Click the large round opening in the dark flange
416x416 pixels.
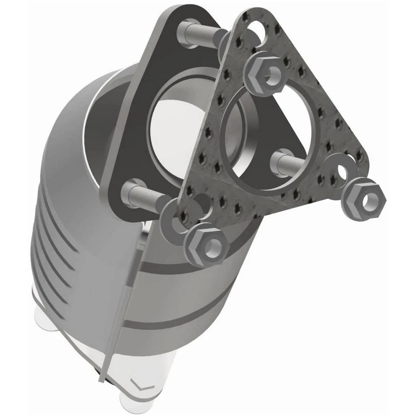tap(182, 126)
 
